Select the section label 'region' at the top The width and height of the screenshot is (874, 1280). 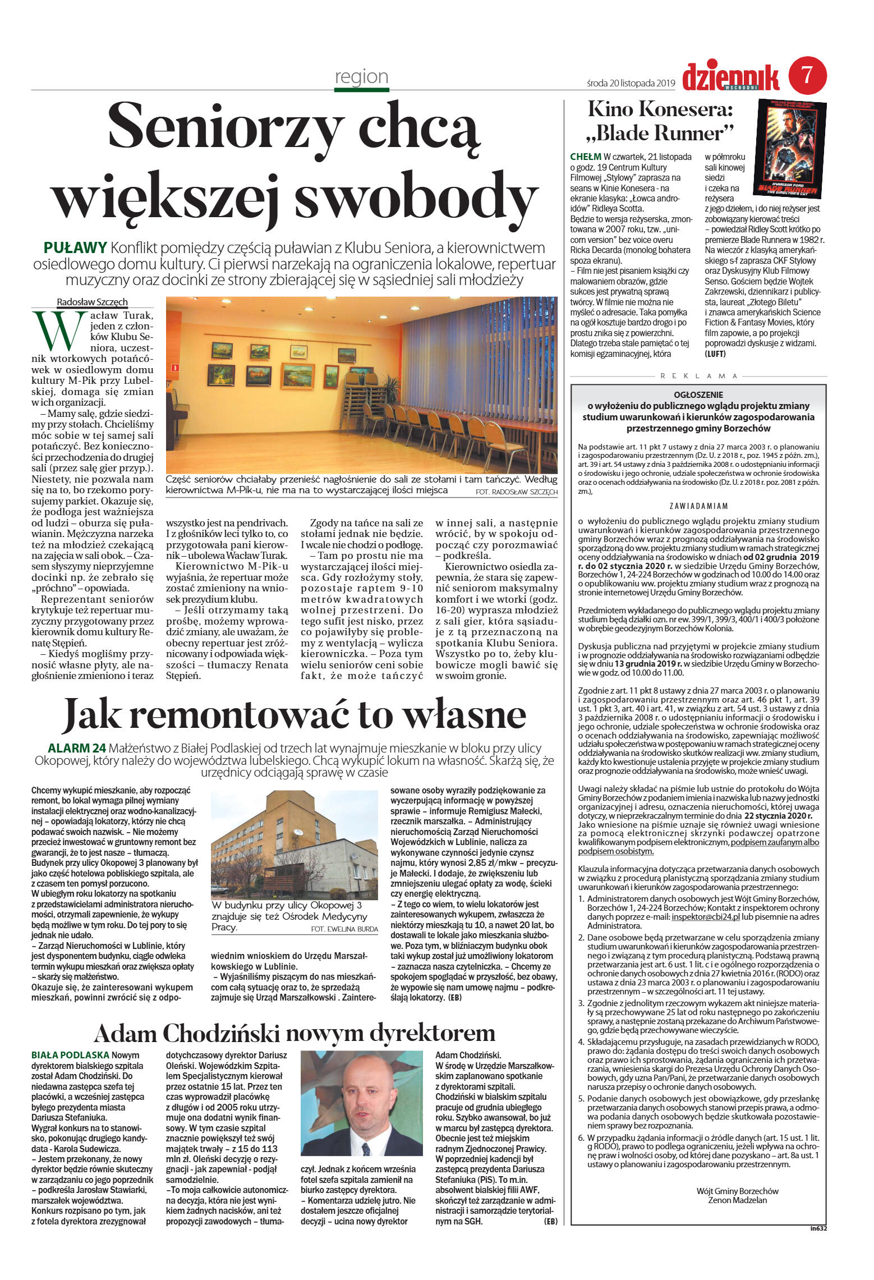click(x=361, y=76)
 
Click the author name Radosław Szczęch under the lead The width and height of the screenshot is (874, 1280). click(x=92, y=302)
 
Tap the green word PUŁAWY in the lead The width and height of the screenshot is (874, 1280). click(x=75, y=247)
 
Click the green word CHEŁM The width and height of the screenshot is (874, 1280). click(x=585, y=157)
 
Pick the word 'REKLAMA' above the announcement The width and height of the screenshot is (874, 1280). click(x=698, y=376)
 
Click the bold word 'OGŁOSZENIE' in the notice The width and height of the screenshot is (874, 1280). click(x=698, y=394)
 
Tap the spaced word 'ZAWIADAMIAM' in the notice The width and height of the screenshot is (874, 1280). click(x=698, y=506)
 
